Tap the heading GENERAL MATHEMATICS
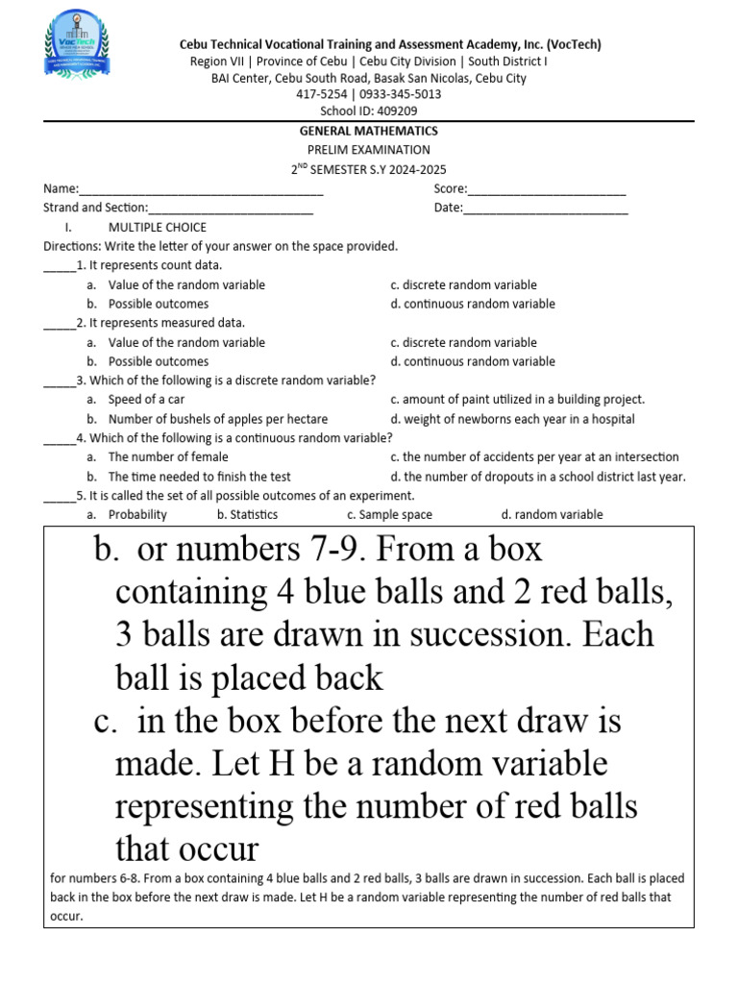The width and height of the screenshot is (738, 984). coord(368,131)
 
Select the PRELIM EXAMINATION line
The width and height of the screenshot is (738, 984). coord(368,150)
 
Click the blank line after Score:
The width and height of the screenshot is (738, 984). coord(547,189)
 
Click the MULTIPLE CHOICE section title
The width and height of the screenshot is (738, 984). coord(157,228)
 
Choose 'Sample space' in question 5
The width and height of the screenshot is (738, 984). coord(397,515)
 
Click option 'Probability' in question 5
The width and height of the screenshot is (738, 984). coord(137,515)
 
